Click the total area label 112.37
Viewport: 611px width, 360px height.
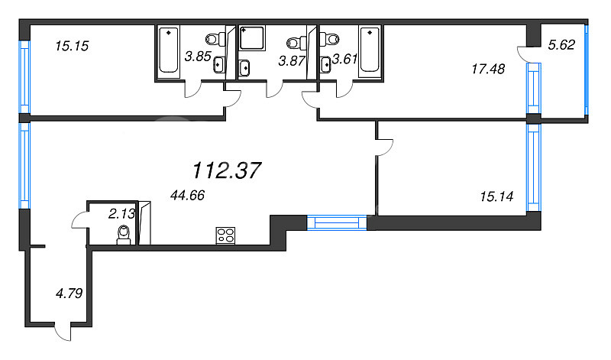point(226,170)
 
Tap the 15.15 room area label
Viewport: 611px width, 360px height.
point(72,46)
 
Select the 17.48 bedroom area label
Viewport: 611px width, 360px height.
point(488,69)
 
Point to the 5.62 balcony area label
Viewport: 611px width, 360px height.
point(561,45)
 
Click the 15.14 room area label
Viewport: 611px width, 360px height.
point(496,196)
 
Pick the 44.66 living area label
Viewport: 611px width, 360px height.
point(187,195)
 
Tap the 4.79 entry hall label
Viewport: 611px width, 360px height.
point(69,293)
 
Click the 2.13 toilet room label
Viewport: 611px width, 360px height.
point(121,213)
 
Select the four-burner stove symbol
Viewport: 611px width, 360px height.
point(225,235)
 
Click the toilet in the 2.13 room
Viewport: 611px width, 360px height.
point(124,235)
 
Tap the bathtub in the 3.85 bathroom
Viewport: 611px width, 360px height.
point(169,50)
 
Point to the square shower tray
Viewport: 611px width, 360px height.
point(252,38)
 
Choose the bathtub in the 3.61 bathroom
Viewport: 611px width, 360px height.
point(370,50)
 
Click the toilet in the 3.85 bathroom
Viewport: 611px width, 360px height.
point(215,39)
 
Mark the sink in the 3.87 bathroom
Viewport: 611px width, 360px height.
point(244,68)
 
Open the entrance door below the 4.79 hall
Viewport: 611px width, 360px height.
point(63,332)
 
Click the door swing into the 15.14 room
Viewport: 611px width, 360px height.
point(385,148)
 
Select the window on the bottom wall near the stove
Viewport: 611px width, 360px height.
point(337,222)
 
